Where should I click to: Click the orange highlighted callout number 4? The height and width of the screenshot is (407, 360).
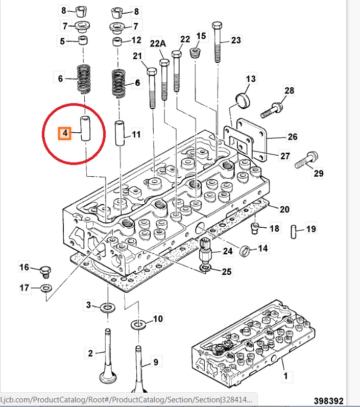click(x=65, y=133)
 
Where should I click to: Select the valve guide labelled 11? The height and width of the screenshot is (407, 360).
click(x=119, y=133)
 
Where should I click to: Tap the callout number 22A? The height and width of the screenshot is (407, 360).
click(x=158, y=43)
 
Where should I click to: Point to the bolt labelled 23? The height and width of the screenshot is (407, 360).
click(x=217, y=42)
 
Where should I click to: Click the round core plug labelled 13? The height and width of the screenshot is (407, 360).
click(x=243, y=100)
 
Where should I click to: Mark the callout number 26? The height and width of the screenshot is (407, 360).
click(x=292, y=136)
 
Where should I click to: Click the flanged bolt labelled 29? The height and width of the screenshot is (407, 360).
click(x=306, y=160)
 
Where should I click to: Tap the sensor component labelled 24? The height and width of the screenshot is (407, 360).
click(x=205, y=250)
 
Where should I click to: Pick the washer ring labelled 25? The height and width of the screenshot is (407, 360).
click(x=206, y=268)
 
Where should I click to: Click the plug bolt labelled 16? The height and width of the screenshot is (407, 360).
click(x=45, y=272)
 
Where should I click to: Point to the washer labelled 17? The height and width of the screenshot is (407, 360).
click(x=46, y=288)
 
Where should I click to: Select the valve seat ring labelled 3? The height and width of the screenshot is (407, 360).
click(x=108, y=308)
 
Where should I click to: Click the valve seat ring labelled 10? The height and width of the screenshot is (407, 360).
click(x=138, y=325)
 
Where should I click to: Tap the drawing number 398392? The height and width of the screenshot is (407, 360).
click(x=328, y=401)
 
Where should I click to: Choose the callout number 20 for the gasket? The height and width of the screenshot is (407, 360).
click(x=284, y=209)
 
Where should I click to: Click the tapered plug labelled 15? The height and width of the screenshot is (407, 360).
click(x=195, y=54)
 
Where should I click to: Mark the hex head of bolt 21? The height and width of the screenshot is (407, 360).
click(x=152, y=71)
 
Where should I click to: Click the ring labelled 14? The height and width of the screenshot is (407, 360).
click(x=245, y=251)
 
